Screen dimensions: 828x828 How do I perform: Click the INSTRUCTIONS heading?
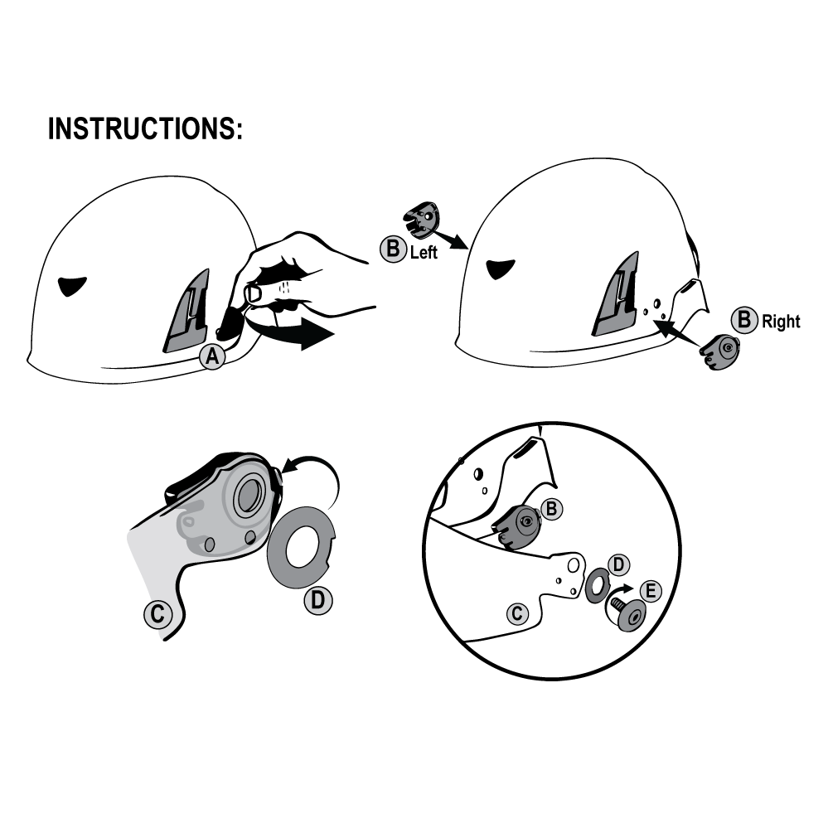pyautogui.click(x=145, y=128)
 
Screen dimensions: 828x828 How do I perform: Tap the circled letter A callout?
pyautogui.click(x=212, y=356)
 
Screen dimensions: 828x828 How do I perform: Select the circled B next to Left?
pyautogui.click(x=393, y=249)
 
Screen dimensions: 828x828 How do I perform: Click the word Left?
pyautogui.click(x=424, y=253)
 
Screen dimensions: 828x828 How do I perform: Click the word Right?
pyautogui.click(x=781, y=322)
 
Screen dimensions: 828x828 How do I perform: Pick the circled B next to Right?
pyautogui.click(x=744, y=320)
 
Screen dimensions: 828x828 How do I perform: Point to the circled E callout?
pyautogui.click(x=651, y=590)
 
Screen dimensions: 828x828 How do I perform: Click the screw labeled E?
pyautogui.click(x=627, y=612)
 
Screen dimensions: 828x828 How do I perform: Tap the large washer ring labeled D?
pyautogui.click(x=301, y=547)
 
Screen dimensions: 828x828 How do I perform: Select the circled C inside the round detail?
pyautogui.click(x=517, y=613)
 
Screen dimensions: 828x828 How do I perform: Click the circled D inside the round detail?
pyautogui.click(x=618, y=564)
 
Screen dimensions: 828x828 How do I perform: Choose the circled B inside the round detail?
pyautogui.click(x=551, y=509)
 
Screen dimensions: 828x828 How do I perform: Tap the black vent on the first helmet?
pyautogui.click(x=72, y=286)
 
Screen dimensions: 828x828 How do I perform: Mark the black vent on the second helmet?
pyautogui.click(x=500, y=269)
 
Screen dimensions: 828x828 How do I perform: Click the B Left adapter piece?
pyautogui.click(x=421, y=217)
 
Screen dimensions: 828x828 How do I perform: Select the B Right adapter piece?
pyautogui.click(x=719, y=351)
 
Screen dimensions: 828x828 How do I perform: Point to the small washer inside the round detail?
pyautogui.click(x=598, y=585)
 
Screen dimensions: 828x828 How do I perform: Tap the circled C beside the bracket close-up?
pyautogui.click(x=157, y=614)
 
